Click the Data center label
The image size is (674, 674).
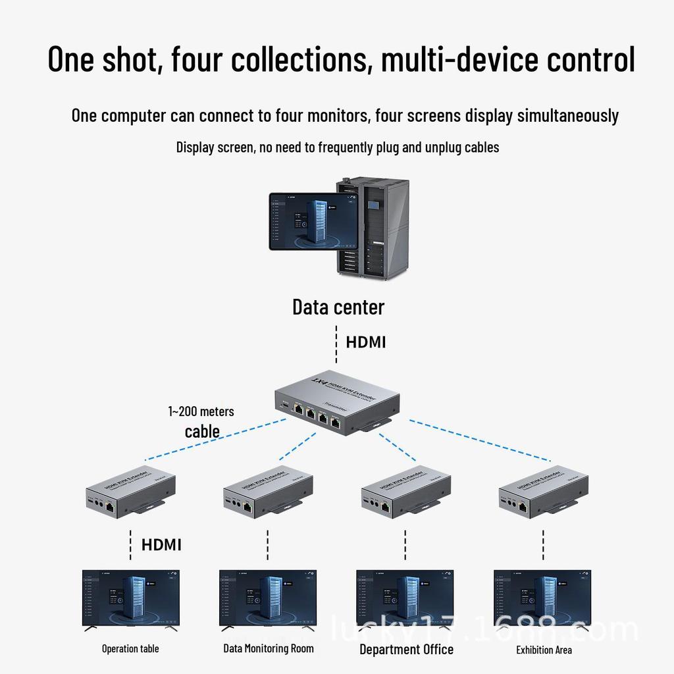point(338,307)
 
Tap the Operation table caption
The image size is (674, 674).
point(130,649)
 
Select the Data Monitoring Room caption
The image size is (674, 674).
point(269,648)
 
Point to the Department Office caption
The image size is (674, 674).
point(406,650)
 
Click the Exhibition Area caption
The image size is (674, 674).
point(544,650)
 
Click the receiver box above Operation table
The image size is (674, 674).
point(131,493)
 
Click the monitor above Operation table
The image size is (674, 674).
point(130,598)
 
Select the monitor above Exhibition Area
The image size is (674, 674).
point(542,598)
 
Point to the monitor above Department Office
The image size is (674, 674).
point(405,598)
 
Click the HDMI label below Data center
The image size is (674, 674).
point(366,342)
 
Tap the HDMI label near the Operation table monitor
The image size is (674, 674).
point(161,544)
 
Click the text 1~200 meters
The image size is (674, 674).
point(201,411)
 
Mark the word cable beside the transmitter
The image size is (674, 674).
point(202,431)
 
